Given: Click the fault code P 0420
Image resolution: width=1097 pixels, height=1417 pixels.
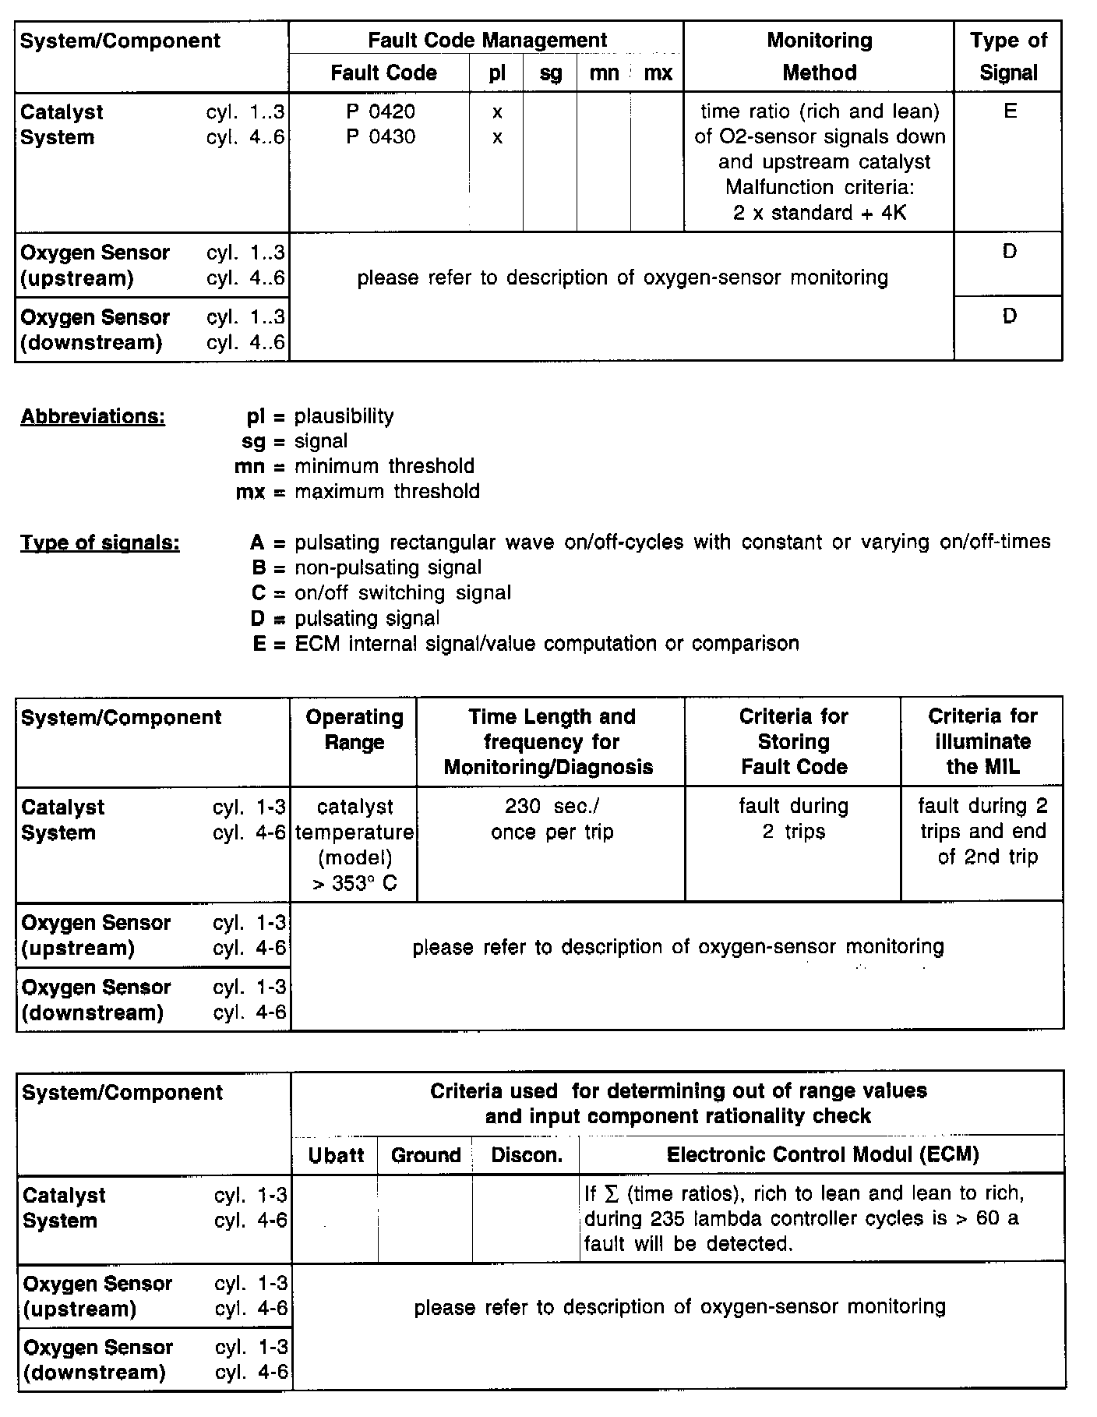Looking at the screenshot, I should click(x=380, y=112).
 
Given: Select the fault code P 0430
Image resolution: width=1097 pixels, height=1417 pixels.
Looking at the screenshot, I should click(x=380, y=137).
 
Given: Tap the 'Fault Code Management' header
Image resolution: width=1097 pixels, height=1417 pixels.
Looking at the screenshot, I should click(x=487, y=41).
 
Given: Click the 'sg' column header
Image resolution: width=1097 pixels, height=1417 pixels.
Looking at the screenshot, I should click(x=550, y=73).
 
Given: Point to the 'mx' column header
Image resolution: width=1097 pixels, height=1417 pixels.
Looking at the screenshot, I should click(x=658, y=73).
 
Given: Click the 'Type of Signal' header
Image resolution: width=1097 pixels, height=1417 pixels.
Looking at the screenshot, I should click(x=1008, y=56).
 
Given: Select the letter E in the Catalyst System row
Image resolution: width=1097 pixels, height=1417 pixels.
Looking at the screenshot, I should click(x=1010, y=111).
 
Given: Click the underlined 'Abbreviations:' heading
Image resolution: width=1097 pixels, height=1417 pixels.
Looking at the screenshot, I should click(x=93, y=417).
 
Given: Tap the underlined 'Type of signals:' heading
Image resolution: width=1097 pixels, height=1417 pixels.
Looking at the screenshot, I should click(x=100, y=543).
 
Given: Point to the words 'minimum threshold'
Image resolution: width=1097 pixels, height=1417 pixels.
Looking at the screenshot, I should click(x=384, y=467).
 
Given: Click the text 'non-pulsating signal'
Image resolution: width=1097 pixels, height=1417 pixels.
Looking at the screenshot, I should click(x=388, y=568).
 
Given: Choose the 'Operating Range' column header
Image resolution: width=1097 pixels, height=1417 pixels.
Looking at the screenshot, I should click(x=354, y=730).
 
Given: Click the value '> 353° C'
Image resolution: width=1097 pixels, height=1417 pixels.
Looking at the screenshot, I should click(x=354, y=884).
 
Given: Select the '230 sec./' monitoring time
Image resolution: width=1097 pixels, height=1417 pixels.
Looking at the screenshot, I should click(x=552, y=806).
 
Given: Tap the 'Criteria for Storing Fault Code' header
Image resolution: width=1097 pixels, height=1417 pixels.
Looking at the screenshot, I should click(x=793, y=741).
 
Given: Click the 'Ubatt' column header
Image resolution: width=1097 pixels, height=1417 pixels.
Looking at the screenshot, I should click(x=336, y=1155).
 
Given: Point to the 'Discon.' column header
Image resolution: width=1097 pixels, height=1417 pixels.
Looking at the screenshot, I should click(x=527, y=1155).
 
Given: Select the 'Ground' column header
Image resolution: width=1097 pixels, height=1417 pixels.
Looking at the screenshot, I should click(x=425, y=1155).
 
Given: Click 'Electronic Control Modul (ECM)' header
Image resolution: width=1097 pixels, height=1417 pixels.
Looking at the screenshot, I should click(x=822, y=1154).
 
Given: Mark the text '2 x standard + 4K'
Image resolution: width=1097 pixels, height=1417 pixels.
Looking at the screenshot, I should click(x=819, y=213).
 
